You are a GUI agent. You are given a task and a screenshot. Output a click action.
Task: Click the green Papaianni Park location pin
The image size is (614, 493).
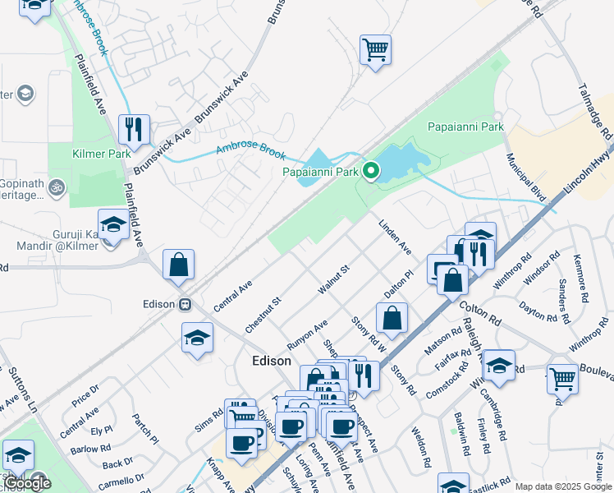[x=370, y=171]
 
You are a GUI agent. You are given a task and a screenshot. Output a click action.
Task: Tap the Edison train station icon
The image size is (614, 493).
[x=186, y=303]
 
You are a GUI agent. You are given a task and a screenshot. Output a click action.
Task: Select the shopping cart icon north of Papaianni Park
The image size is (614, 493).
[x=375, y=50]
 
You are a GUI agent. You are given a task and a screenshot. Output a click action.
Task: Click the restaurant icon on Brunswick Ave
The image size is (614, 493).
[x=133, y=129]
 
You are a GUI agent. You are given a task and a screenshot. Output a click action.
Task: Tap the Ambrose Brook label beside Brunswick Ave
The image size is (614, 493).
[x=250, y=151]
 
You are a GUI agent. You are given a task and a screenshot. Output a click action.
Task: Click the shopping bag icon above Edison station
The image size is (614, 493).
[x=178, y=265]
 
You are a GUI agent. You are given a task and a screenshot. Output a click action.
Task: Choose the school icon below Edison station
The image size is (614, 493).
[x=197, y=338]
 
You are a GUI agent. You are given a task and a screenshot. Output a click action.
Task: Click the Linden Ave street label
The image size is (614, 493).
[x=394, y=236]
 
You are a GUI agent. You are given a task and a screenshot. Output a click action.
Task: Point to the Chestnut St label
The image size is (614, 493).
[x=263, y=315]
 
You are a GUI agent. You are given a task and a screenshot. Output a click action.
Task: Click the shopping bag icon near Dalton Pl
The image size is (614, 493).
[x=392, y=317]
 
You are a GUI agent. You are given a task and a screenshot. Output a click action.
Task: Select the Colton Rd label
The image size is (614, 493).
[x=480, y=315]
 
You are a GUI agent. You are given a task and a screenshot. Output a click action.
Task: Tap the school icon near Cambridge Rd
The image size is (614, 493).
[x=499, y=366]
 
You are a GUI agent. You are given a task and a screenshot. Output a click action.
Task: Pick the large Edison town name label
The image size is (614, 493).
[x=271, y=361]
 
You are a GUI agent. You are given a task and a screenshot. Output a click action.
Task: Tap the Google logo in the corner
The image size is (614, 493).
[x=26, y=484]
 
